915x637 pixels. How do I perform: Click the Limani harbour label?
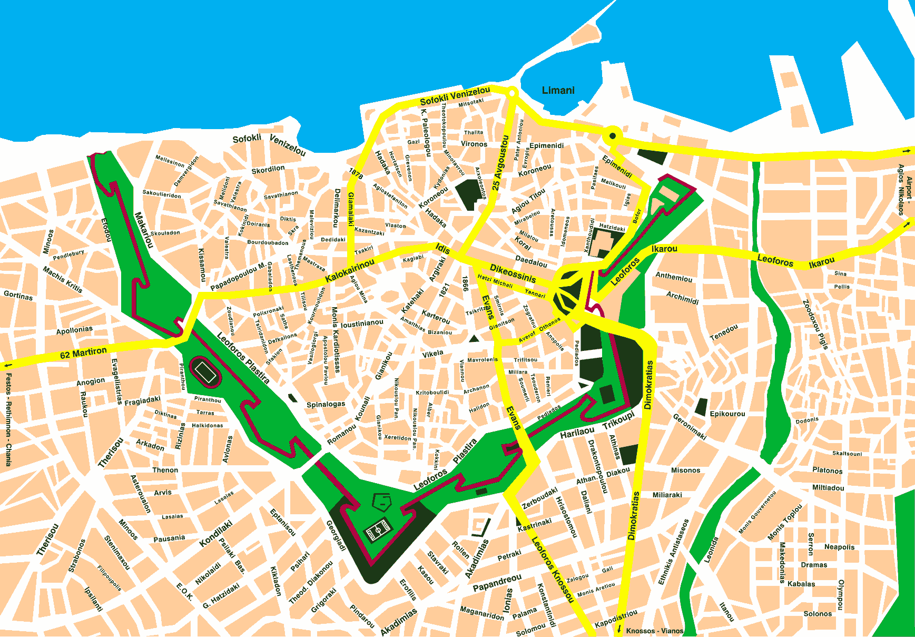pyautogui.click(x=558, y=91)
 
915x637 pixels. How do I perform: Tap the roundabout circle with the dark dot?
pyautogui.click(x=612, y=136)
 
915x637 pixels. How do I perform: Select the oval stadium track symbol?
pyautogui.click(x=205, y=372)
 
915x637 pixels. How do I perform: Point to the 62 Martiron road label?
pyautogui.click(x=83, y=353)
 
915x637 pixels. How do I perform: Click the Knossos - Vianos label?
pyautogui.click(x=654, y=631)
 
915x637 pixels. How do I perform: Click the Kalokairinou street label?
pyautogui.click(x=350, y=270)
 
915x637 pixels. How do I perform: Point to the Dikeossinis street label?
pyautogui.click(x=513, y=273)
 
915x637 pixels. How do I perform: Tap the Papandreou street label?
pyautogui.click(x=497, y=583)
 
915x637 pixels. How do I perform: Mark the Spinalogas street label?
pyautogui.click(x=326, y=405)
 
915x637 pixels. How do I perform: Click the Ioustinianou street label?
pyautogui.click(x=362, y=324)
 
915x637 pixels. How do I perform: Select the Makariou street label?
pyautogui.click(x=144, y=230)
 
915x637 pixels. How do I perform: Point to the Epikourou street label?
pyautogui.click(x=727, y=414)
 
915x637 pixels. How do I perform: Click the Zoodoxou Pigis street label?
pyautogui.click(x=815, y=325)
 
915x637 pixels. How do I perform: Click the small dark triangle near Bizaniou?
pyautogui.click(x=474, y=338)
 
